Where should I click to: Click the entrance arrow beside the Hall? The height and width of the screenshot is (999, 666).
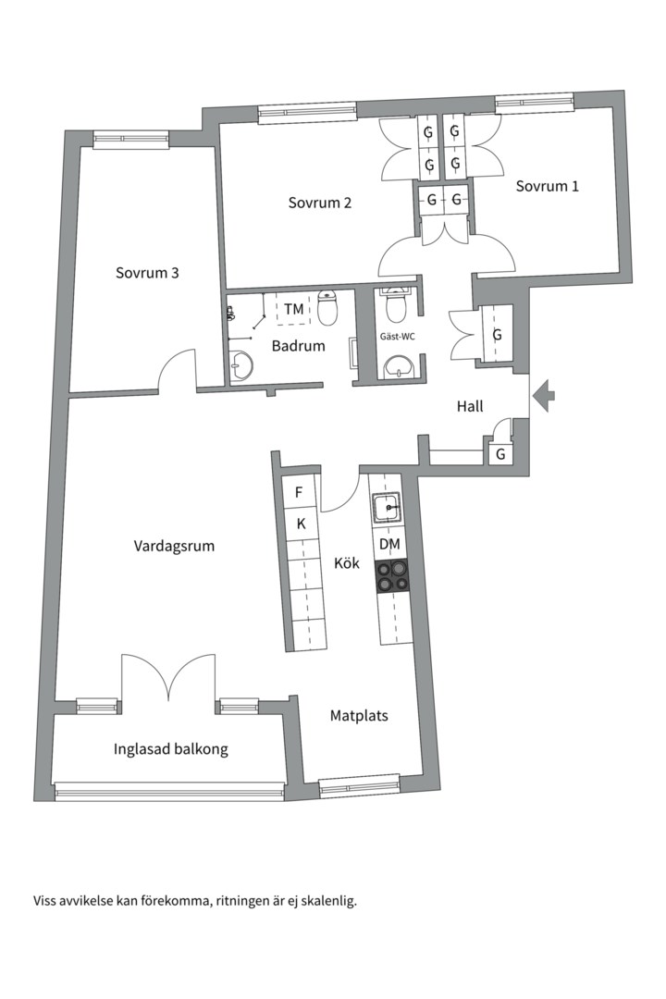546,396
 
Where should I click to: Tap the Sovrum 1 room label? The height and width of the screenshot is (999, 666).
548,186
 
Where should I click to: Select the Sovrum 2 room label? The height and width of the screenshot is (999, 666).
319,203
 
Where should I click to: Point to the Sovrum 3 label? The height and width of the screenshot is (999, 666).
147,273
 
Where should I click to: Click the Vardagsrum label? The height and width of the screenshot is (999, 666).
174,546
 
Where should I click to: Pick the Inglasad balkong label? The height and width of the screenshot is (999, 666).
171,749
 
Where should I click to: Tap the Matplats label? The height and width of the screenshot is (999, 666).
359,715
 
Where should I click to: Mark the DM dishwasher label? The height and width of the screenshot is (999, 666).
389,545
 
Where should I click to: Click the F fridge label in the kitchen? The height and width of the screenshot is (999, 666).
299,492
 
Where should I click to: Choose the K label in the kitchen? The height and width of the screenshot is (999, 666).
301,524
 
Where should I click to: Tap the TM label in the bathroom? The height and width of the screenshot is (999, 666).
293,308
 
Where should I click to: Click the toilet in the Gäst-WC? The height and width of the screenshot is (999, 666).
396,305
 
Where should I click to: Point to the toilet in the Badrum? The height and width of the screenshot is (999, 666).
327,308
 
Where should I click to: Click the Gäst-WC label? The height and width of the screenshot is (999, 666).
397,336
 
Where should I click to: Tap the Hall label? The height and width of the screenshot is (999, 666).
470,406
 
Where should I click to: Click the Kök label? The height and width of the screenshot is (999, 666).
347,563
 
